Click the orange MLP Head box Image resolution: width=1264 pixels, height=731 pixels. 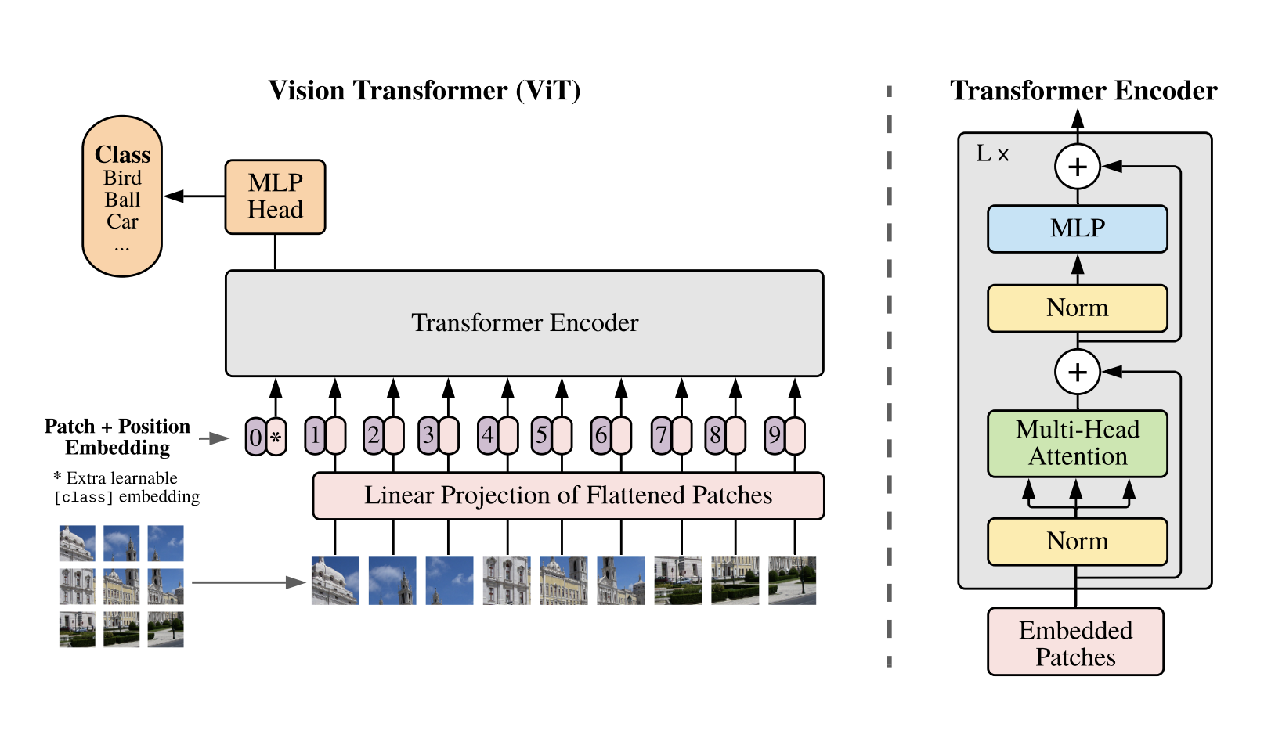[275, 196]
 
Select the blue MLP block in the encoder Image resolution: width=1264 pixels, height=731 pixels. [1077, 229]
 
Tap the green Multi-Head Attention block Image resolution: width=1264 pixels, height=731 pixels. [1077, 443]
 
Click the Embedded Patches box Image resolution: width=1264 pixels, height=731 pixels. [1075, 643]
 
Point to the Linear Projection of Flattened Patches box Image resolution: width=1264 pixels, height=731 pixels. [568, 495]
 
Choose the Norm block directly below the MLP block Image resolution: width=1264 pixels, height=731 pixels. [1077, 308]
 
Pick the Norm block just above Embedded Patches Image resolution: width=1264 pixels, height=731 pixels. [1077, 541]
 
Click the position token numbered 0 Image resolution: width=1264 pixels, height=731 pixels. [256, 437]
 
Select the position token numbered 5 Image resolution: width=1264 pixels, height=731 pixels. [541, 435]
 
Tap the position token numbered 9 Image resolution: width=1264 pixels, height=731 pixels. [775, 435]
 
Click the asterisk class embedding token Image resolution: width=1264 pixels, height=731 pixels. [276, 437]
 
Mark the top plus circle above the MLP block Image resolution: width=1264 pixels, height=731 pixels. [1078, 167]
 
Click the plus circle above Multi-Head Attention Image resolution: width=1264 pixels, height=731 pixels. [1078, 372]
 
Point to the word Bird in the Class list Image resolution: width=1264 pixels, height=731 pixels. [122, 178]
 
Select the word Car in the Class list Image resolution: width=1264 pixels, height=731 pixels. [122, 222]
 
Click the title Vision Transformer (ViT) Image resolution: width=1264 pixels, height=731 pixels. [424, 91]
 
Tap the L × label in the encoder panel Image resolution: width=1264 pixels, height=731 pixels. [992, 154]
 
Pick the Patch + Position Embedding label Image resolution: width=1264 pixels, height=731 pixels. [117, 437]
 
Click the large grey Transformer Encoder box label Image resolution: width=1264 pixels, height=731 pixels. [525, 322]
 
